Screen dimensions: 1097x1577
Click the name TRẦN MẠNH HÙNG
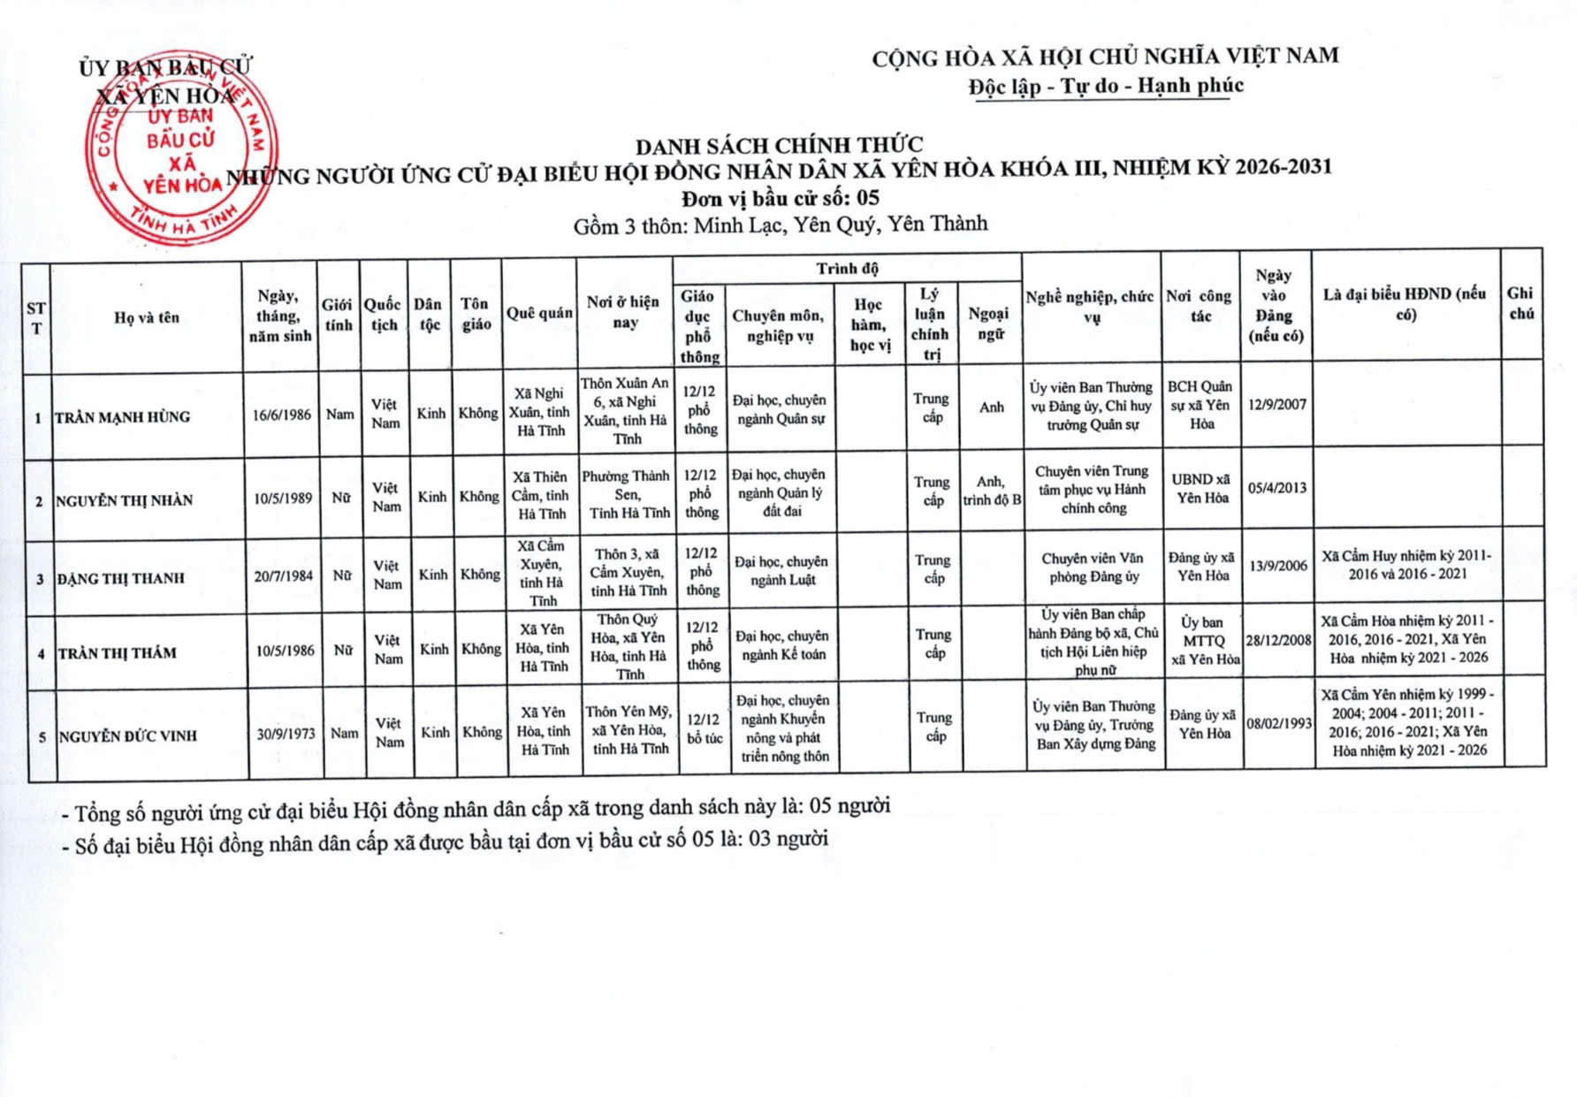coord(123,417)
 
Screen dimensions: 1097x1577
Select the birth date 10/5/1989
coord(283,499)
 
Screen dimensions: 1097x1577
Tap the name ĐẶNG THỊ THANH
coord(121,579)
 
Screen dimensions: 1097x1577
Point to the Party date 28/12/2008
coord(1278,640)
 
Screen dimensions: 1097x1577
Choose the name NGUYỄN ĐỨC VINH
coord(128,735)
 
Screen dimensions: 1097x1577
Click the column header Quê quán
coord(539,313)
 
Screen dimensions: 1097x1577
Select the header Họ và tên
coord(147,317)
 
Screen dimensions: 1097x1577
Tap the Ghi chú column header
coord(1520,302)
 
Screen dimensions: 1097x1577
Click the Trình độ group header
coord(847,269)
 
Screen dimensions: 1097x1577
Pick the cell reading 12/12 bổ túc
coord(705,728)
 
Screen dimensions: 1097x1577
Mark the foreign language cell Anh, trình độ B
coord(991,491)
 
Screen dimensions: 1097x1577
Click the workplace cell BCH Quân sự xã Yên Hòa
coord(1200,405)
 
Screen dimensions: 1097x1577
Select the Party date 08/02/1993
coord(1278,723)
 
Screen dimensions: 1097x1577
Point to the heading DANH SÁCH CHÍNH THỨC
coord(779,145)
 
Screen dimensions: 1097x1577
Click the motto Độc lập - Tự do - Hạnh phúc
coord(1106,87)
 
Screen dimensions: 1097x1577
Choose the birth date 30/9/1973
coord(286,734)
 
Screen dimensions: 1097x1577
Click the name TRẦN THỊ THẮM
coord(118,653)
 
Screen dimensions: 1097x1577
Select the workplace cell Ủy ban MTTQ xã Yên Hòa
coord(1204,641)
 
